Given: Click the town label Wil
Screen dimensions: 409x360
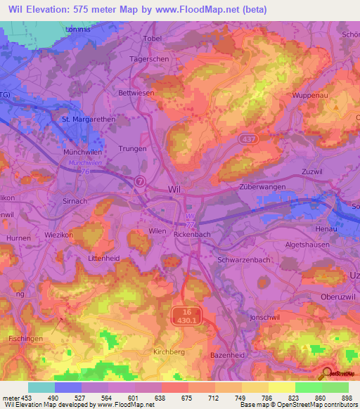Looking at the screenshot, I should pos(175,190).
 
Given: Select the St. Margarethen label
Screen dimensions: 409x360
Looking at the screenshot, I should pos(89,119).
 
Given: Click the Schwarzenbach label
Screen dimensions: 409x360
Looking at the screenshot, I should pos(244,259).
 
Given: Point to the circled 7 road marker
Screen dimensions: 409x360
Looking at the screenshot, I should pos(141,181).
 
